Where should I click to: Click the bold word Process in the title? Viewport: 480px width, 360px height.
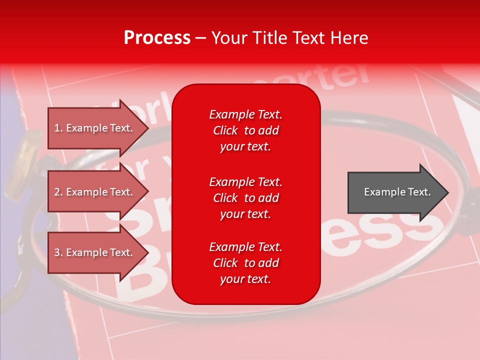point(157,38)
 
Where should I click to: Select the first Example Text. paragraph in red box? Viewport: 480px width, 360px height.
point(245,130)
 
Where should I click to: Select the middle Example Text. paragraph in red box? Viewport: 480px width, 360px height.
point(245,198)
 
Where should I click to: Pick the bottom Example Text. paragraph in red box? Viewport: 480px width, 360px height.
point(245,263)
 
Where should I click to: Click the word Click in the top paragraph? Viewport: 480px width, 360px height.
point(225,130)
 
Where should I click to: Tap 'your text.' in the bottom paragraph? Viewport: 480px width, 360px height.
point(245,279)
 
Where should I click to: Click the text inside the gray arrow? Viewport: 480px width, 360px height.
point(397,192)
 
